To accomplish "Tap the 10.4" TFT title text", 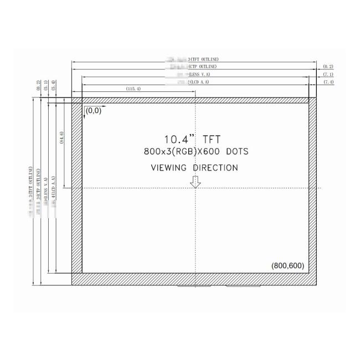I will (194, 140).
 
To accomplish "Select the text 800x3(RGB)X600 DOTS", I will (196, 151).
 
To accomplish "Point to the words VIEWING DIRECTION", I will (194, 167).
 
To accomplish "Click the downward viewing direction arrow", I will (195, 182).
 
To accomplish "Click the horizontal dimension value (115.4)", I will (133, 89).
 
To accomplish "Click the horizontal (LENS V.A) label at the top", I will (199, 74).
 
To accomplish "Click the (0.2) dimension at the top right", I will (328, 66).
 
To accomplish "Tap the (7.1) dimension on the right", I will (328, 74).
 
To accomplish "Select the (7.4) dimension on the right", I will (328, 82).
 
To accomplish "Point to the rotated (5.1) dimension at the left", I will (45, 85).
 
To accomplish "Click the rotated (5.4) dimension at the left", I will (53, 85).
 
